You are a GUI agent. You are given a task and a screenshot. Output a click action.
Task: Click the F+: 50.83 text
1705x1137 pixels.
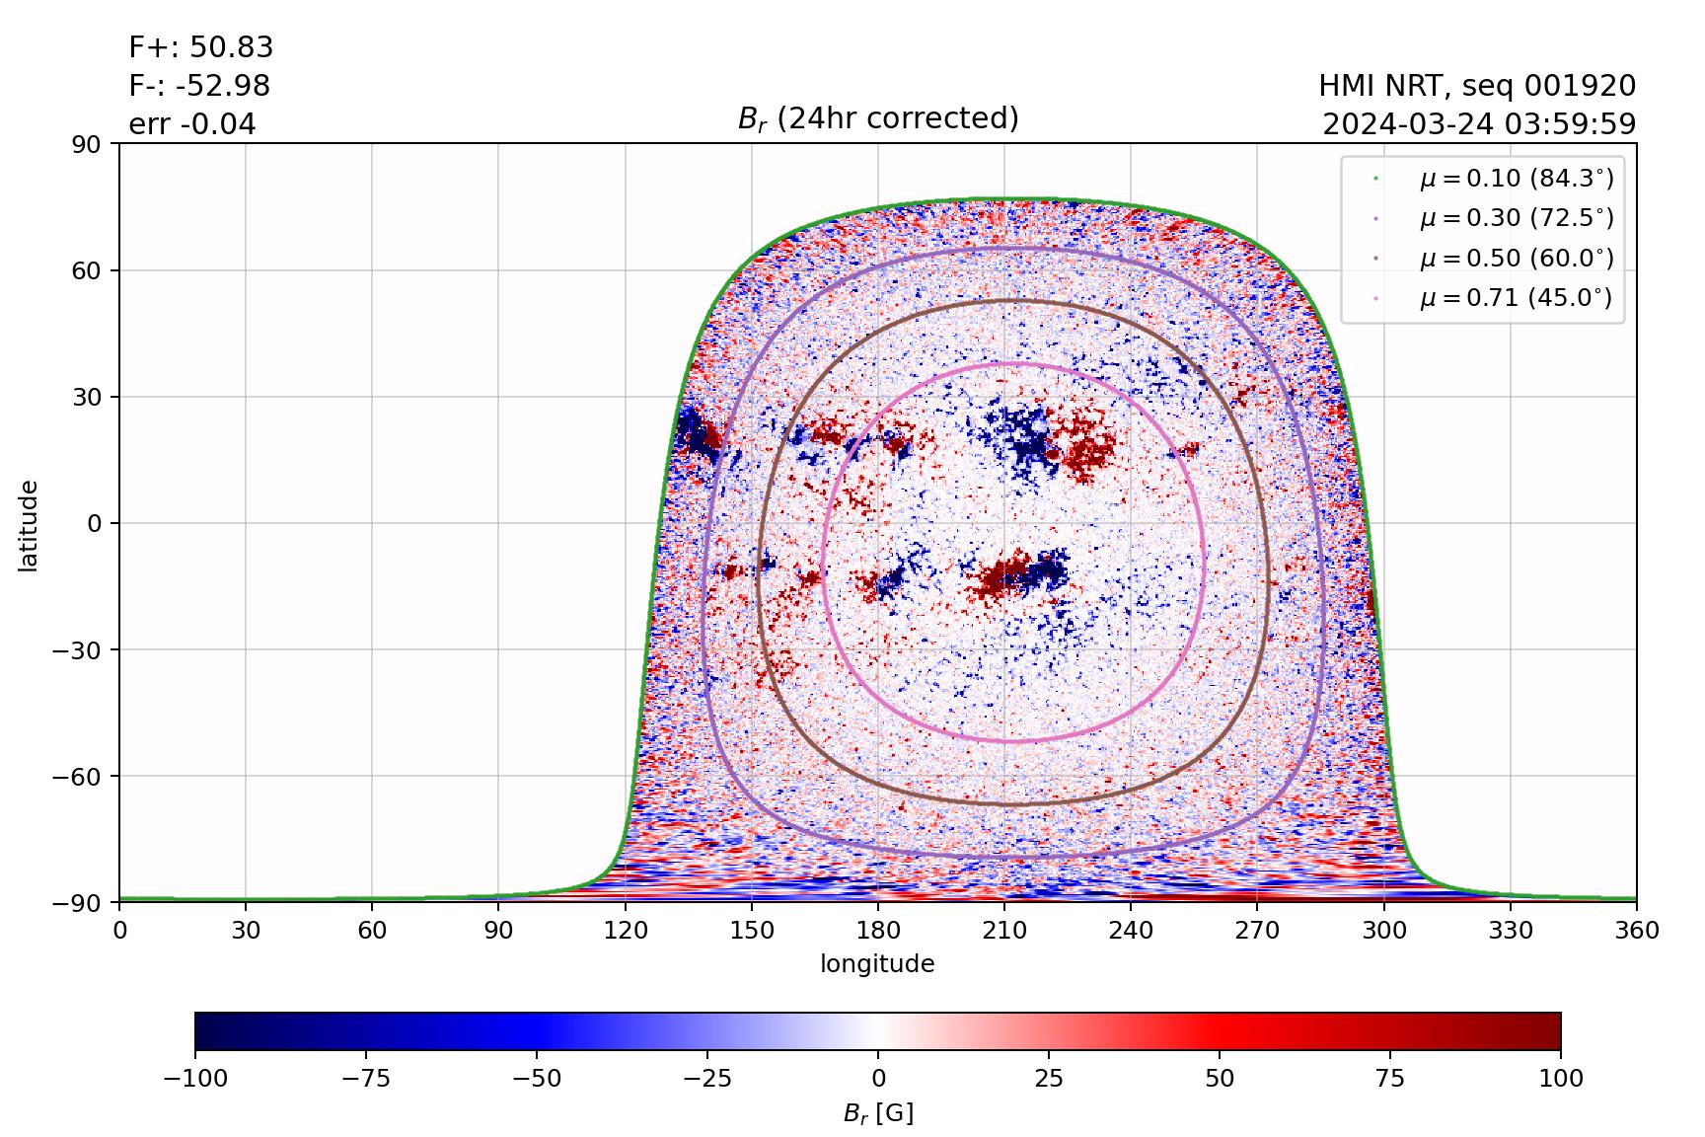(201, 47)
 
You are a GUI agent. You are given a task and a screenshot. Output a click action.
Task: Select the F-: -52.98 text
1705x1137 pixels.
(199, 86)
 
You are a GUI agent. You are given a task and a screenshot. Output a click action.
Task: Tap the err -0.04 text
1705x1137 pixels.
(192, 124)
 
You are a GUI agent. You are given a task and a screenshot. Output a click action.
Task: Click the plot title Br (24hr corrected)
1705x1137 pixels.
(877, 118)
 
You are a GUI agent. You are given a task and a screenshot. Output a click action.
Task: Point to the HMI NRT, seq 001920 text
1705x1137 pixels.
(1477, 86)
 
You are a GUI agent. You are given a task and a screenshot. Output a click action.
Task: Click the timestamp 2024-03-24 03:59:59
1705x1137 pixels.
(1479, 124)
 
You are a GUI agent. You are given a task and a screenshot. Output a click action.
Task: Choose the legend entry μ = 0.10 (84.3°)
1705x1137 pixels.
(1516, 179)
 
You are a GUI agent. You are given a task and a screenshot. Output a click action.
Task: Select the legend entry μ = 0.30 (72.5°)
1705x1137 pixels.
(1516, 218)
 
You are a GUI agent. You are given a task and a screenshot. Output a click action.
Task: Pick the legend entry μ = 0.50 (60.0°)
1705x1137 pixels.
(1516, 259)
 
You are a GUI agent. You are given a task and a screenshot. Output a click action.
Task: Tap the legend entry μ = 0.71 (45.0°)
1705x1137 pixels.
(1516, 298)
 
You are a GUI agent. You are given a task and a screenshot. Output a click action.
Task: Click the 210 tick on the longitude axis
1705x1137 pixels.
(1003, 930)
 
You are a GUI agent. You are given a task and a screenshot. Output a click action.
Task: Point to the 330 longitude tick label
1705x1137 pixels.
(1510, 930)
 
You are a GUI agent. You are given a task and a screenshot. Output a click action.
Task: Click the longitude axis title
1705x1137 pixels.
(877, 963)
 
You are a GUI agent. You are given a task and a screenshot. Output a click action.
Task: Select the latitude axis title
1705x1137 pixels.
(29, 525)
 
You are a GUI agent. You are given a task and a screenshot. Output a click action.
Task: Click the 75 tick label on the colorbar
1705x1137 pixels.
(1389, 1078)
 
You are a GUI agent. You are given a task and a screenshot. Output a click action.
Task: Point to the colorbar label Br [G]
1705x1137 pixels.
(877, 1113)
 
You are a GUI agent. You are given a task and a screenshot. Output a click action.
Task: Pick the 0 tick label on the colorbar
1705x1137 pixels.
(878, 1078)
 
